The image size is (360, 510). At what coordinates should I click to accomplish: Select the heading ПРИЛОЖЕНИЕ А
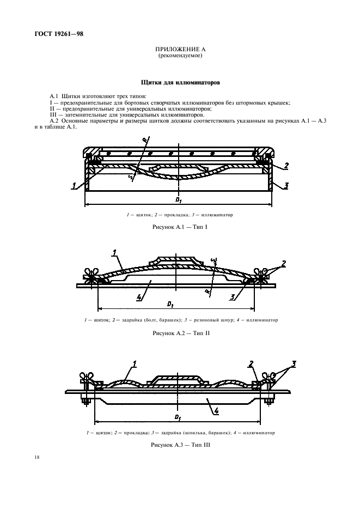[180, 50]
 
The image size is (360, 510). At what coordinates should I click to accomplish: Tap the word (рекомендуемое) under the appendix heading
[180, 56]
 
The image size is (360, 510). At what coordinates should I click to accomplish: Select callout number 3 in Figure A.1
[285, 186]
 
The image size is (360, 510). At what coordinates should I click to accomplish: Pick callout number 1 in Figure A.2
[115, 252]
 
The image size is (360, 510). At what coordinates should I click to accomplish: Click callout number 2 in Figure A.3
[251, 363]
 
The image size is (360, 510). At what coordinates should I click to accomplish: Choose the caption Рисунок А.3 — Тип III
[180, 445]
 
